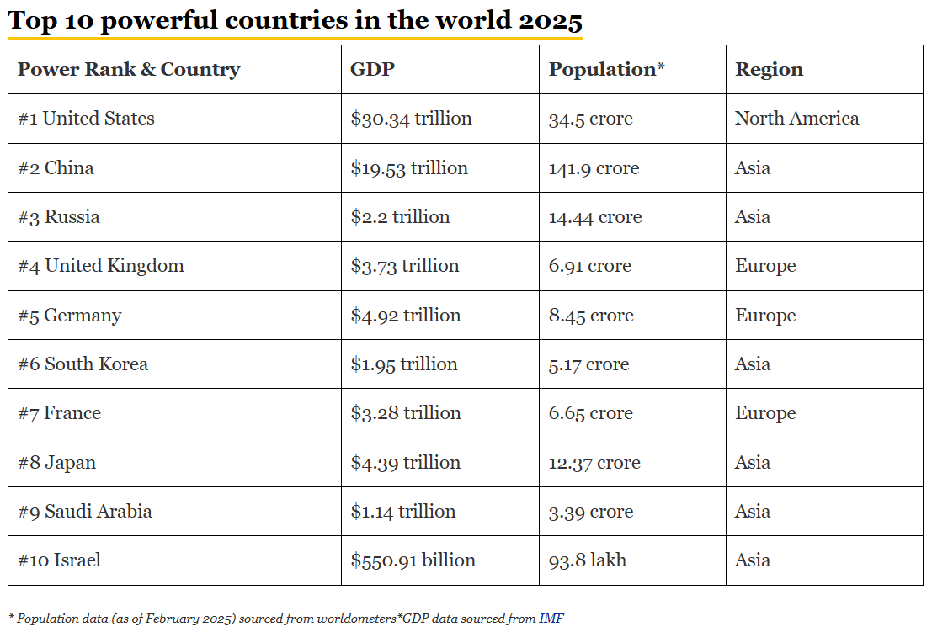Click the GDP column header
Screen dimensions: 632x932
click(x=372, y=69)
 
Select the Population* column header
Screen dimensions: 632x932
click(x=606, y=69)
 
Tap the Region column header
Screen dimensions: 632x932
click(x=769, y=69)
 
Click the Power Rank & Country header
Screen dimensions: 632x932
click(x=129, y=69)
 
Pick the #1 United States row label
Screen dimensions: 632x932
click(x=86, y=119)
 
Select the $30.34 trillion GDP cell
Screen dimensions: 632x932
click(x=411, y=119)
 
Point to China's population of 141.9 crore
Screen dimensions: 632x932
click(x=594, y=168)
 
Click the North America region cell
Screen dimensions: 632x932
click(x=796, y=119)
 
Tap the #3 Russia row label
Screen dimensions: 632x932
click(x=59, y=217)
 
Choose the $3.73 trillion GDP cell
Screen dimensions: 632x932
click(x=405, y=266)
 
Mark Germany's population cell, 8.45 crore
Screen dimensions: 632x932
click(x=591, y=316)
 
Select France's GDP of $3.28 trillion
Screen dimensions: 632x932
click(x=406, y=413)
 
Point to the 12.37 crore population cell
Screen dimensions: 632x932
click(x=594, y=463)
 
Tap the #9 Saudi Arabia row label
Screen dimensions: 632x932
click(x=85, y=512)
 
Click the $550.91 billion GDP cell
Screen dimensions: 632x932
click(x=413, y=560)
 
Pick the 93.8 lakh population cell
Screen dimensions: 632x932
click(x=588, y=560)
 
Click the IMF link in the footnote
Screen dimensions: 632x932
click(x=552, y=619)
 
